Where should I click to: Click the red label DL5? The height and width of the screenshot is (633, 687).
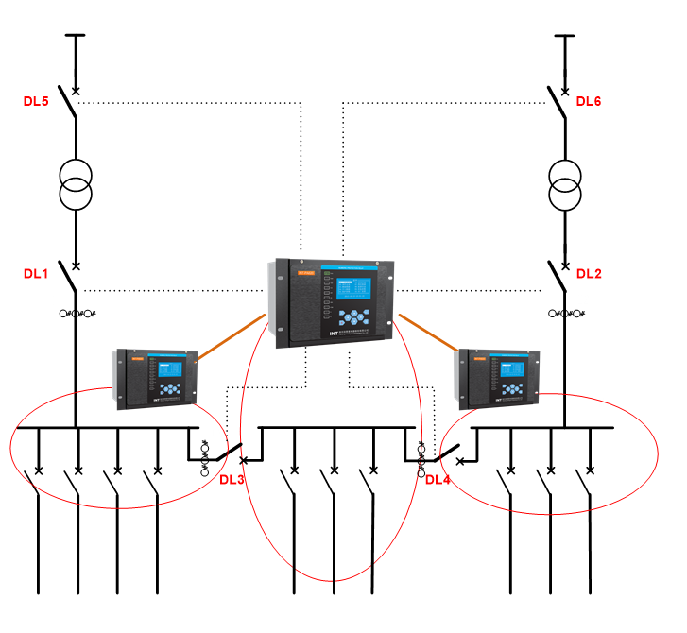click(x=36, y=101)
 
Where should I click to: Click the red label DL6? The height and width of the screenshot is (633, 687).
click(x=589, y=101)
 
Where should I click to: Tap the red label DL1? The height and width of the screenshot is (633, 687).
click(x=36, y=274)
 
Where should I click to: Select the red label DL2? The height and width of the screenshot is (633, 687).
click(x=589, y=274)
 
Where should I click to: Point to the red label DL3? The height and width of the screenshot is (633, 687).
click(x=232, y=479)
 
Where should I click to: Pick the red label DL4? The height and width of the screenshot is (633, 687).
click(x=438, y=479)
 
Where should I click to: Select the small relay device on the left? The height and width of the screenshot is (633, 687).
click(x=156, y=378)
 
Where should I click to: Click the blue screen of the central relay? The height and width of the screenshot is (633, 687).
click(x=351, y=285)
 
